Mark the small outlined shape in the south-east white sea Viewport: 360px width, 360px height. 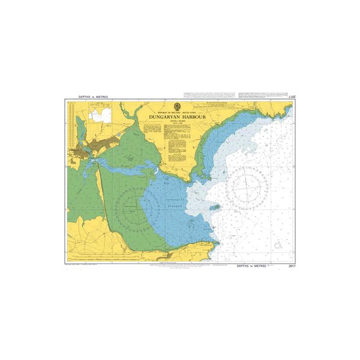pyautogui.click(x=277, y=247)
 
